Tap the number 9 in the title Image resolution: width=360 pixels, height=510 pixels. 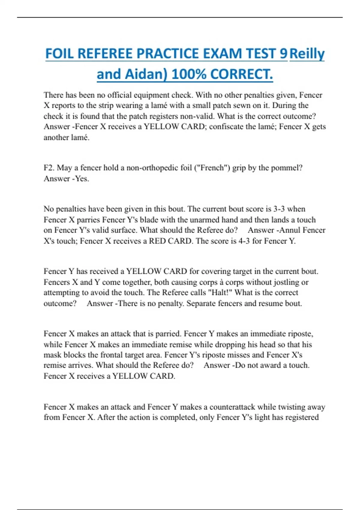(x=283, y=54)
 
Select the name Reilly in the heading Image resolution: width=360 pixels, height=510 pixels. (x=307, y=54)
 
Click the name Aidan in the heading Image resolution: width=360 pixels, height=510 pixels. (x=146, y=74)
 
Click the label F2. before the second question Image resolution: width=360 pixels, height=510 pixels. (x=49, y=168)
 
